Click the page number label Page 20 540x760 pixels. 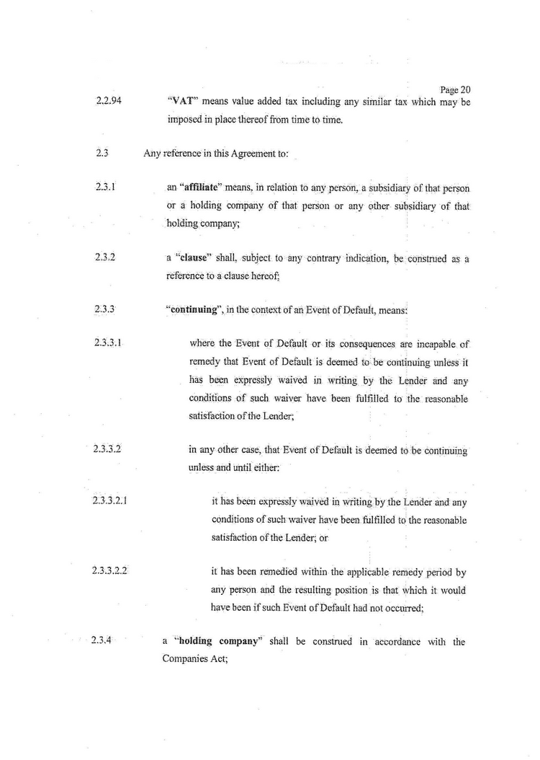455,91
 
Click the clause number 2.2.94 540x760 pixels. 108,101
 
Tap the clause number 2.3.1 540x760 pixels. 106,187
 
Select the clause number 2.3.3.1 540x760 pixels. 108,343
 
